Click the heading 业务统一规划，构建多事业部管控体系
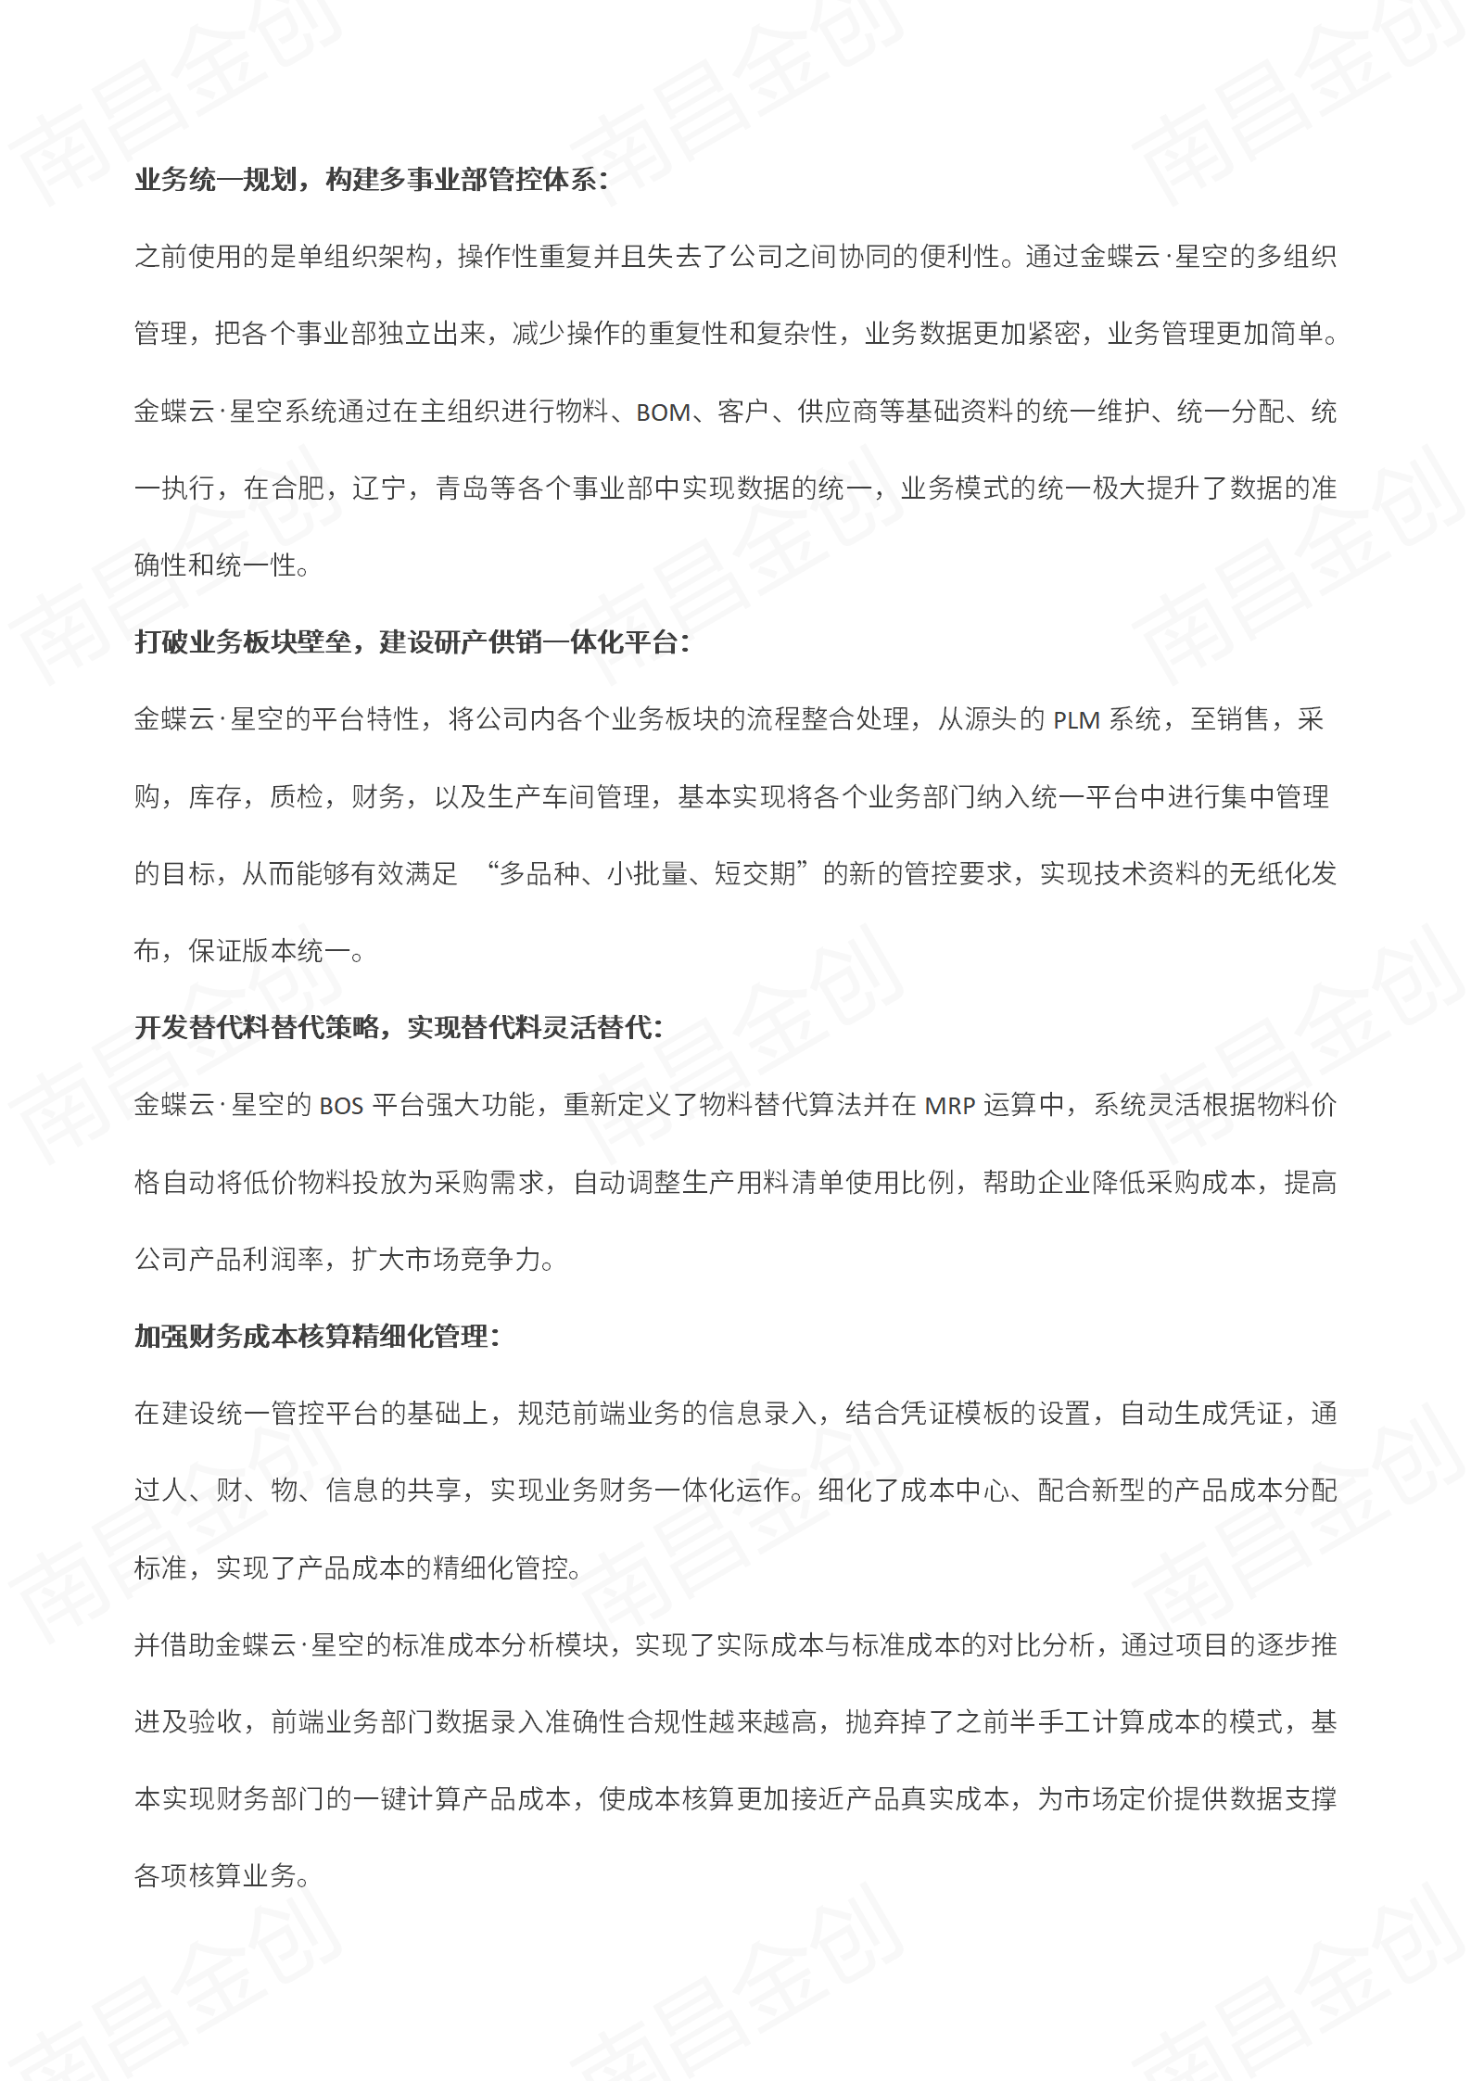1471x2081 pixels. (x=371, y=180)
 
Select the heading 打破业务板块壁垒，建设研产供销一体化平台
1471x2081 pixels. (x=412, y=642)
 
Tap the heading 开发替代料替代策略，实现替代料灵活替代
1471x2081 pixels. (x=399, y=1027)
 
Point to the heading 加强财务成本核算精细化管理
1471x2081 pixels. (x=316, y=1336)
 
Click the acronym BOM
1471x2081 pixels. (x=663, y=412)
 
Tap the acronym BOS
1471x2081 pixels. (x=341, y=1106)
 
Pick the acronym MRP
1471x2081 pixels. (x=949, y=1106)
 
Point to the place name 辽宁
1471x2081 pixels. (x=379, y=489)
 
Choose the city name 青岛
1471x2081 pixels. (x=462, y=489)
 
